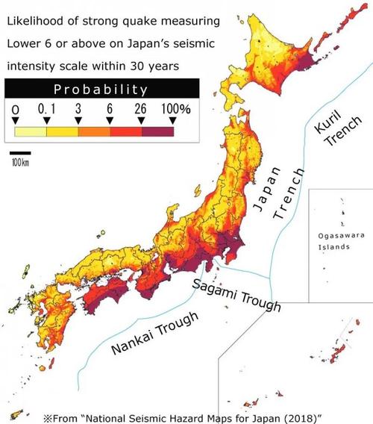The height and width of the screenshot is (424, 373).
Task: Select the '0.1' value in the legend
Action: [x=47, y=109]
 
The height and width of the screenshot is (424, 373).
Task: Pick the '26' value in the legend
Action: [x=141, y=109]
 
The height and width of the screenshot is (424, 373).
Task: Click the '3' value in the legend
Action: [x=78, y=109]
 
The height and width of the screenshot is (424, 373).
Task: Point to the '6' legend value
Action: [x=110, y=109]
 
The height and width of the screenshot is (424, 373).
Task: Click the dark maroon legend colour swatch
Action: [x=157, y=132]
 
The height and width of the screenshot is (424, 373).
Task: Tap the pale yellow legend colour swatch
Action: [x=31, y=132]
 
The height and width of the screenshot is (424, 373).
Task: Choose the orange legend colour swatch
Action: [x=94, y=132]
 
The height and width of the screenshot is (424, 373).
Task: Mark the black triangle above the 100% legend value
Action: [x=172, y=119]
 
